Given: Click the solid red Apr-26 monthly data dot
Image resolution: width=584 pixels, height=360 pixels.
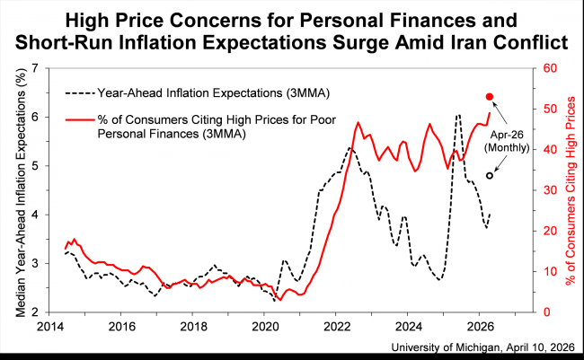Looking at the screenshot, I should [490, 97].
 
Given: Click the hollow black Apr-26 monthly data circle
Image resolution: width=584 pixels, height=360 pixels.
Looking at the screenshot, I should [490, 175].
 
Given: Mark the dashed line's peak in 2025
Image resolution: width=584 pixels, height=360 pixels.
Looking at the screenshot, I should [458, 116].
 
